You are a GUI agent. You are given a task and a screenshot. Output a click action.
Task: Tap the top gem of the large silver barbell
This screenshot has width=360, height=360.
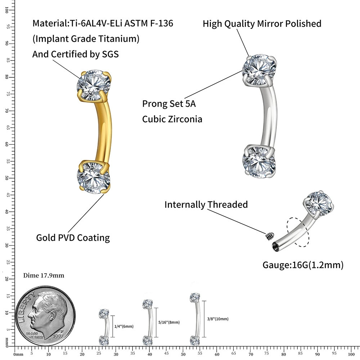pyautogui.click(x=259, y=70)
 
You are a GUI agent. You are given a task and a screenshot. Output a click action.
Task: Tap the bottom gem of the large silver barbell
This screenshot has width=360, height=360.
pyautogui.click(x=259, y=161)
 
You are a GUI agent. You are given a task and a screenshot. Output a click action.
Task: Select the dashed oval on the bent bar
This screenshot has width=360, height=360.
pyautogui.click(x=298, y=232)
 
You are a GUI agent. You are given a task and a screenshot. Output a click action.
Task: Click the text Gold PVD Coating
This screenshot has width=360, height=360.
pyautogui.click(x=73, y=238)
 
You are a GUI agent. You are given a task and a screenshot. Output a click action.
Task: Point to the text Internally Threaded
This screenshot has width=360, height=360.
pyautogui.click(x=206, y=204)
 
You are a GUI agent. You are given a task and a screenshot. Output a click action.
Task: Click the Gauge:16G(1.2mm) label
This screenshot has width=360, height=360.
pyautogui.click(x=303, y=265)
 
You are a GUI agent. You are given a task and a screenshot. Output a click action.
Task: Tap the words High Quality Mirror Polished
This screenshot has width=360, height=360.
pyautogui.click(x=262, y=24)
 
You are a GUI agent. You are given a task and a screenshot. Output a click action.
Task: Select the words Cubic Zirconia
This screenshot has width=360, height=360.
pyautogui.click(x=172, y=119)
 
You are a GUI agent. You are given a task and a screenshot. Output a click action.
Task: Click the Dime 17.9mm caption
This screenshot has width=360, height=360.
pyautogui.click(x=44, y=276)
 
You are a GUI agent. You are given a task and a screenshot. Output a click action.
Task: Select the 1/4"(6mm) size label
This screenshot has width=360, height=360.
pyautogui.click(x=124, y=326)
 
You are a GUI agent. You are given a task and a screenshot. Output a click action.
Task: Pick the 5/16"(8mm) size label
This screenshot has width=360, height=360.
pyautogui.click(x=169, y=322)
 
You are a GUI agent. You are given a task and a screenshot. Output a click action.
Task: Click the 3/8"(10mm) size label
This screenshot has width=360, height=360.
pyautogui.click(x=218, y=319)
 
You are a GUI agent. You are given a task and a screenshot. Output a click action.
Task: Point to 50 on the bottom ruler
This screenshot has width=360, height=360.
pyautogui.click(x=183, y=354)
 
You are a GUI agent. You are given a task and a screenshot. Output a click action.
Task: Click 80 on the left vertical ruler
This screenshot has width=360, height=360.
pyautogui.click(x=7, y=77)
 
